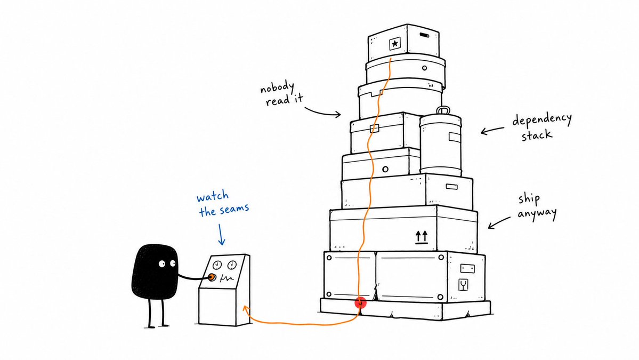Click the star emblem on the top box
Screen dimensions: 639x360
[x=394, y=43]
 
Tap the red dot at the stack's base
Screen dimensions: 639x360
[x=360, y=303]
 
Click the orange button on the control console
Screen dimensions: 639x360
[x=212, y=277]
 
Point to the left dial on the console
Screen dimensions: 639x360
[x=217, y=266]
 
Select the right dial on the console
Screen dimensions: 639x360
[x=232, y=266]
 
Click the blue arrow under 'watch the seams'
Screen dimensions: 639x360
[x=221, y=234]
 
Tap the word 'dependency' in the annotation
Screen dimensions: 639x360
[x=542, y=119]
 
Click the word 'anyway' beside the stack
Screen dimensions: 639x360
[x=537, y=214]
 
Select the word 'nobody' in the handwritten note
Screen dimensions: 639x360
[x=277, y=87]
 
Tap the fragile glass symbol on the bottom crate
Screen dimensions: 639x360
[x=463, y=285]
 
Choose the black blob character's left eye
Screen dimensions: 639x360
[x=162, y=264]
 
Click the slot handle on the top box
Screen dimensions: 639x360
[x=424, y=36]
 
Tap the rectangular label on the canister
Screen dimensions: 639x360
[x=455, y=137]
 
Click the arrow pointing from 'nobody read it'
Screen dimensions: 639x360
[x=322, y=112]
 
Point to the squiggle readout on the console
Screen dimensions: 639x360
[x=227, y=279]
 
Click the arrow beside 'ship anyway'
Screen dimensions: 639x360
[x=499, y=223]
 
